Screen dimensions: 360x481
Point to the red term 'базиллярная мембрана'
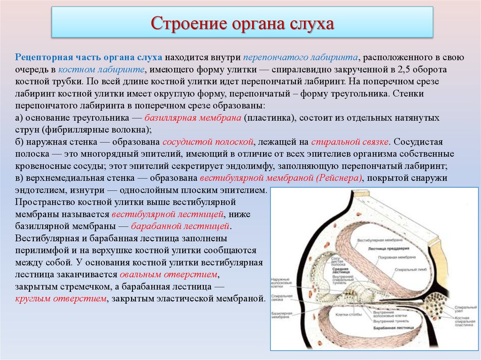pyautogui.click(x=193, y=117)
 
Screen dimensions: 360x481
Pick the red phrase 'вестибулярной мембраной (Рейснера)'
pyautogui.click(x=282, y=178)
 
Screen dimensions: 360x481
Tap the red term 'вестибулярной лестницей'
pyautogui.click(x=168, y=214)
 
